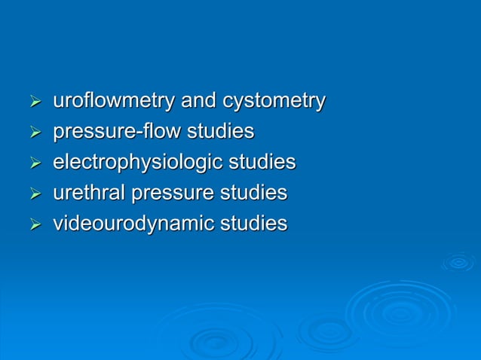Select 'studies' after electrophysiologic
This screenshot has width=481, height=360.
pyautogui.click(x=262, y=163)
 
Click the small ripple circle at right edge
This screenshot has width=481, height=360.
pyautogui.click(x=458, y=262)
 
